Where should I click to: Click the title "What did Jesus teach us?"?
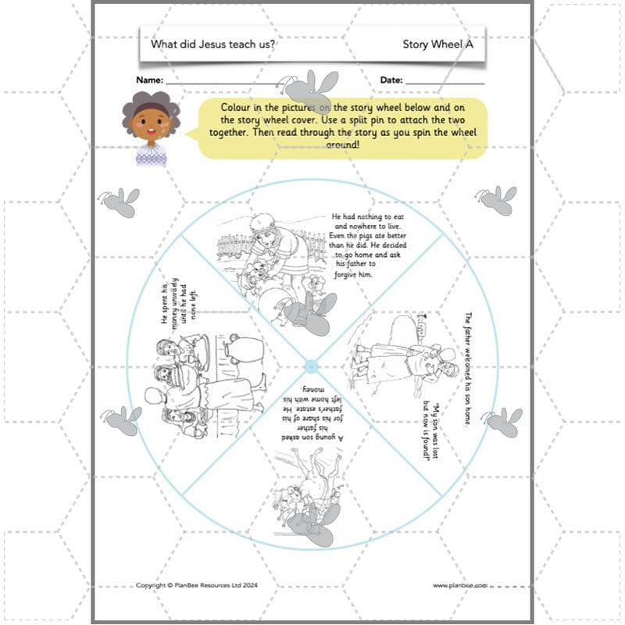tap(212, 45)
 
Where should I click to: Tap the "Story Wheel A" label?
tap(438, 45)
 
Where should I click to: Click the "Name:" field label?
tap(150, 80)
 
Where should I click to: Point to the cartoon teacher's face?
tap(150, 121)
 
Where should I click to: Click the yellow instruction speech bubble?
tap(344, 127)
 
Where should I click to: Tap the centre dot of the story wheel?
tap(312, 366)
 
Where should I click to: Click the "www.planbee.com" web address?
tap(460, 584)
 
